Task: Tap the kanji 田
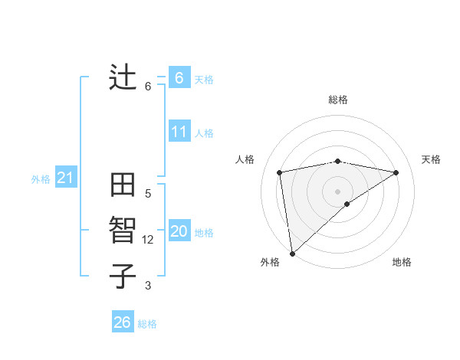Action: pos(123,186)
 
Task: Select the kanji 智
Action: pos(123,231)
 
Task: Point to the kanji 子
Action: pos(123,276)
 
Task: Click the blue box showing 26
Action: pos(123,322)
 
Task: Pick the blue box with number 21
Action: pos(66,178)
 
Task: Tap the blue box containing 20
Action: pos(179,232)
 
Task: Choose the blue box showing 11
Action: pos(179,132)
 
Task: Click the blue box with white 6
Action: pos(179,78)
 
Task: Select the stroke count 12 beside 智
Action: pos(149,240)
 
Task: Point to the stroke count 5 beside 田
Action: pos(149,194)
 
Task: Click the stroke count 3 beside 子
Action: pos(149,286)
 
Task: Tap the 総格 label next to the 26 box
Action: pos(147,324)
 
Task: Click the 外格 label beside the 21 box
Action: pos(41,179)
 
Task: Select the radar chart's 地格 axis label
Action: pos(402,262)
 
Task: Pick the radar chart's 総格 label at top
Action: pos(338,100)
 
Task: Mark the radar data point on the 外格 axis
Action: pos(292,253)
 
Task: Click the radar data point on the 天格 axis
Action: pos(396,172)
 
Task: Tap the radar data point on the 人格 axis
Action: pos(280,172)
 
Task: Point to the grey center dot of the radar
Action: pos(338,191)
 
